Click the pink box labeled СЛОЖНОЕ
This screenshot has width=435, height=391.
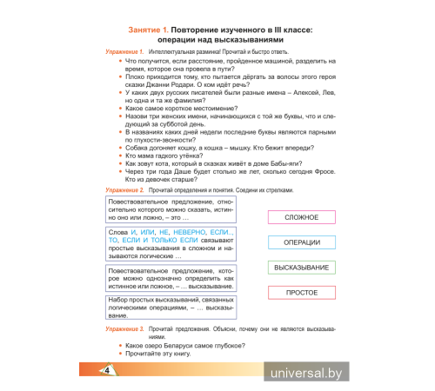[302, 217]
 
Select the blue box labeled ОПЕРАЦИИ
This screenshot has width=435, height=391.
[302, 242]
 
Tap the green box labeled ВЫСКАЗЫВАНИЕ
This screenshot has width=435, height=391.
[302, 268]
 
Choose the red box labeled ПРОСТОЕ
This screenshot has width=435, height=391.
[302, 293]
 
